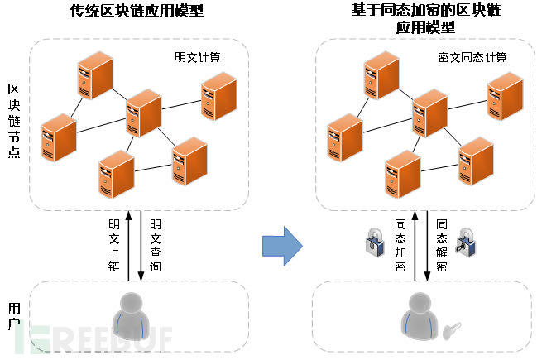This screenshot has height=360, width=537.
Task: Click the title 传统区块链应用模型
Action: point(137,11)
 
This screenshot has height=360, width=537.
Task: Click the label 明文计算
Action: point(198,57)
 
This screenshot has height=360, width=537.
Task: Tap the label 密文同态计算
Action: point(472,57)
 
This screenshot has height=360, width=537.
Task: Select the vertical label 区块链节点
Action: point(14,121)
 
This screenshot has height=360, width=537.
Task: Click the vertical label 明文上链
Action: point(114,245)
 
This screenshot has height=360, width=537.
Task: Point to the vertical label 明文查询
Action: point(155,245)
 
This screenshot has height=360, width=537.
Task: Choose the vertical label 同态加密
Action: point(400,245)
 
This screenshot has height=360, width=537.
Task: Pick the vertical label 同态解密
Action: point(442,245)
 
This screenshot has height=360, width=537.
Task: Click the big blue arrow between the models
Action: point(282,246)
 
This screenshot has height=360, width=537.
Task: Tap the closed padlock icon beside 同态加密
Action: point(375,242)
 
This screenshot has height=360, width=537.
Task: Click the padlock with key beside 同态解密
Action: point(466,242)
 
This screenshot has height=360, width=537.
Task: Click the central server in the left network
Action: point(143,113)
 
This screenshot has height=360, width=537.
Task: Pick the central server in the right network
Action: point(429,113)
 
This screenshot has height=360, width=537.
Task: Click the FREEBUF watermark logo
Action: point(93,339)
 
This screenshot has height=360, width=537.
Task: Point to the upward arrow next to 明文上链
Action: point(129,246)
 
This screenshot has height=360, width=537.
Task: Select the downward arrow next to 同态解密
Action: point(427,246)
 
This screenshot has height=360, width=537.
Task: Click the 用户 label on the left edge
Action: point(14,316)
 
